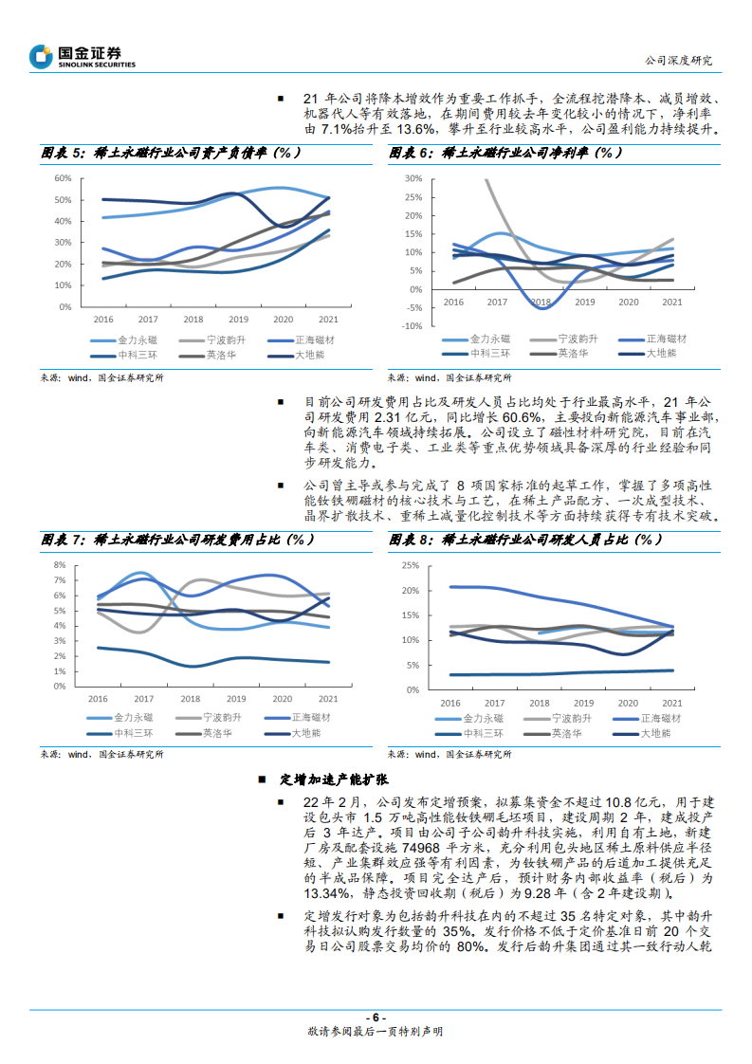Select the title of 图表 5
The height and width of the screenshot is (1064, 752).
(171, 153)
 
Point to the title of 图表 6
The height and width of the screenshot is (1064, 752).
(506, 153)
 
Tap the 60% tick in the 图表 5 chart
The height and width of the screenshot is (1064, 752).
(63, 178)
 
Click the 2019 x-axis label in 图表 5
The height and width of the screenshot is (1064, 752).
(237, 320)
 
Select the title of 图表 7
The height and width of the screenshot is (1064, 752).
(177, 540)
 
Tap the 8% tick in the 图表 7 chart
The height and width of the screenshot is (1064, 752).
(59, 564)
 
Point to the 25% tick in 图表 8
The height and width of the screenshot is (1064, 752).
(411, 566)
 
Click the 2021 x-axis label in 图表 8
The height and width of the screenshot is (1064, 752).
(671, 703)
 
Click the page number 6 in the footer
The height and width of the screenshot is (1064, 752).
(376, 1018)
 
